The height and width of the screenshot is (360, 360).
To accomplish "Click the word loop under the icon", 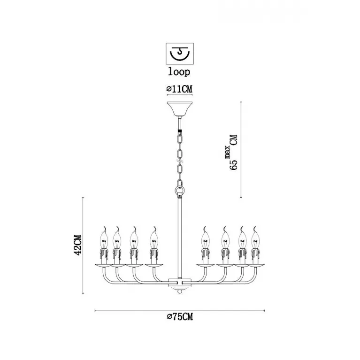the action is [179, 71].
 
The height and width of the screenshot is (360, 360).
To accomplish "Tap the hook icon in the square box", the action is [180, 54].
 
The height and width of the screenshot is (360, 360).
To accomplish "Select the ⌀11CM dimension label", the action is [180, 89].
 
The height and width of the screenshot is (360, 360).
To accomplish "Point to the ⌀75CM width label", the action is [180, 317].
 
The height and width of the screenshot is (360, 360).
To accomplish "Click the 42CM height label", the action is [77, 245].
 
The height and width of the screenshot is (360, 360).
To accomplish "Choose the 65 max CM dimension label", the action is [232, 152].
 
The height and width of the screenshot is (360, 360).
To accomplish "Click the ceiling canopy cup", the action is [180, 109].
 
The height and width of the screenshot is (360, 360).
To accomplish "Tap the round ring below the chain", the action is [180, 191].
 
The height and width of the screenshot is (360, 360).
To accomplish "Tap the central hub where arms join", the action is [180, 283].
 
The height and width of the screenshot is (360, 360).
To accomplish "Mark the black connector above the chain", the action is [180, 132].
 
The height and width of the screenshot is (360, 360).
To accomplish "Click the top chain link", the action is [180, 139].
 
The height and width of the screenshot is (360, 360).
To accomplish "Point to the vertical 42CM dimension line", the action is [83, 245].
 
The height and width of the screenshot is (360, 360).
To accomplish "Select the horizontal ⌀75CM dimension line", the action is [180, 311].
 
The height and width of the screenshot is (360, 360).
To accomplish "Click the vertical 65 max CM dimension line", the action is [241, 149].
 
